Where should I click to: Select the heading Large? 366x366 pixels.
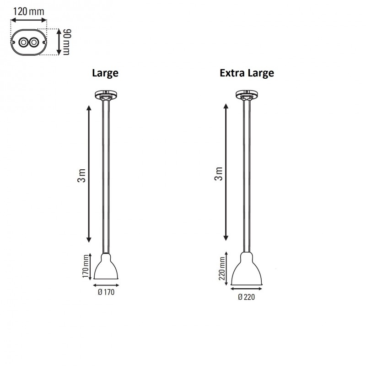105,73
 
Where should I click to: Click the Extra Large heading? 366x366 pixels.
247,73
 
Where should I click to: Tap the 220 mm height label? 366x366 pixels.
222,268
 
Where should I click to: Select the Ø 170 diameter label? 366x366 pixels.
106,293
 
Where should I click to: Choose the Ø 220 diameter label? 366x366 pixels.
246,297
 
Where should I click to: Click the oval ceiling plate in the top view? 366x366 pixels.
27,43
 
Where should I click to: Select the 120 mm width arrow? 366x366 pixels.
28,20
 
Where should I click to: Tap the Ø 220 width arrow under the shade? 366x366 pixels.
247,288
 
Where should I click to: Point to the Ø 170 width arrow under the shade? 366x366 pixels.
106,284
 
